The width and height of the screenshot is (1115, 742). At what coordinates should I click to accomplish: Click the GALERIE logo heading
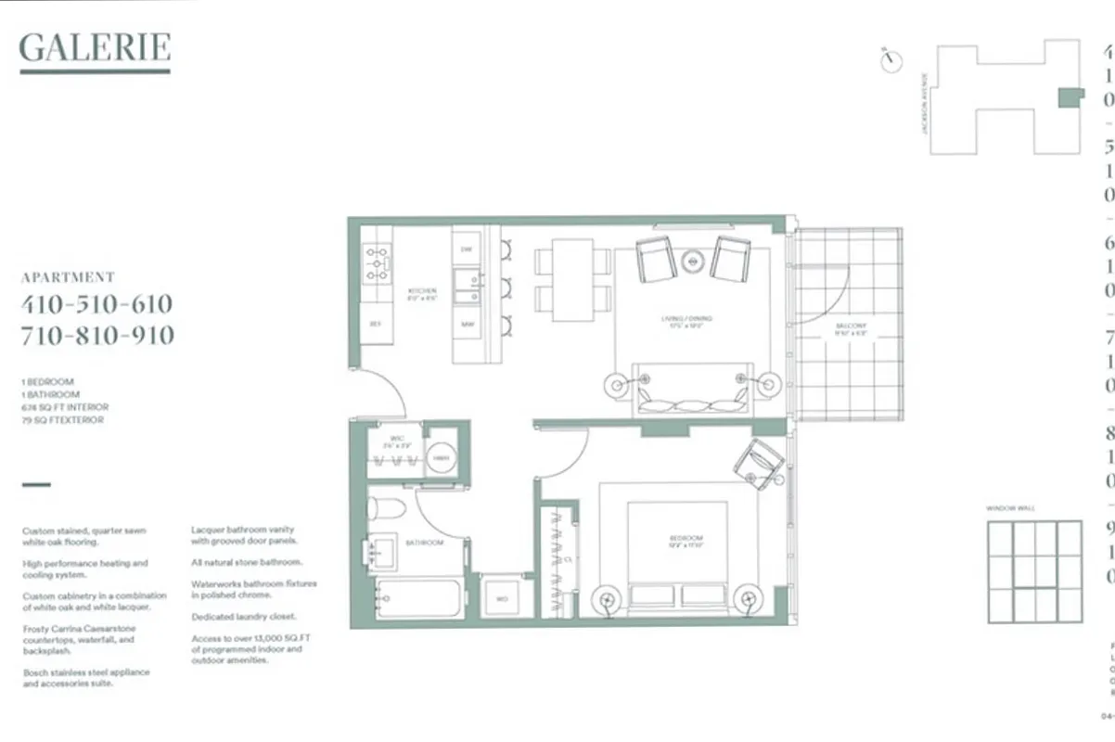[95, 47]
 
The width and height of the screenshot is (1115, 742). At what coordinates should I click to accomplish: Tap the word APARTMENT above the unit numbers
[68, 277]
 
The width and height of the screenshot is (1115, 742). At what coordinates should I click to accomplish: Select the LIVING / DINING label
[686, 322]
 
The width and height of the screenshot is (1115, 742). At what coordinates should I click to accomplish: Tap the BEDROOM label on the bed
[688, 541]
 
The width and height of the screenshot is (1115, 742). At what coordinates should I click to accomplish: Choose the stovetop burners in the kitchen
[377, 262]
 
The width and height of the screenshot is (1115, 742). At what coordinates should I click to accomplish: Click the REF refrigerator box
[376, 324]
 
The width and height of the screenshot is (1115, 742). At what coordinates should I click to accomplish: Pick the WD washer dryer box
[502, 599]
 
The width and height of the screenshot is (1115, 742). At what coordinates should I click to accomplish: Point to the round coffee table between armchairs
[694, 261]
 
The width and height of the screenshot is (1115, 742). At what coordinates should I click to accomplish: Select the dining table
[572, 280]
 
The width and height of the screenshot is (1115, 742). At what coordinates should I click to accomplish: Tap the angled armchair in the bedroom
[760, 463]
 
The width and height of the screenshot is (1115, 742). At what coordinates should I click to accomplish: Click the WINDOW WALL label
[1010, 508]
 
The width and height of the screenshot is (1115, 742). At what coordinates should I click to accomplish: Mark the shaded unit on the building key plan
[1070, 97]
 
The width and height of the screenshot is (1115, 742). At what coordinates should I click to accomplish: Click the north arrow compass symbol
[892, 60]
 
